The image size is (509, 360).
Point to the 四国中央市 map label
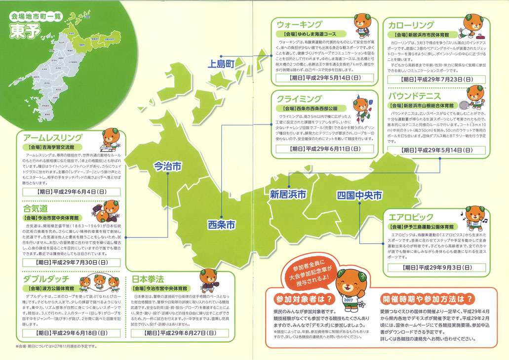pyautogui.click(x=359, y=195)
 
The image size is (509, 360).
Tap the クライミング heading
pyautogui.click(x=300, y=98)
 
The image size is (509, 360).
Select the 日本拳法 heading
pyautogui.click(x=147, y=279)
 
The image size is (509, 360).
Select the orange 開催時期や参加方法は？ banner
pyautogui.click(x=429, y=299)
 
